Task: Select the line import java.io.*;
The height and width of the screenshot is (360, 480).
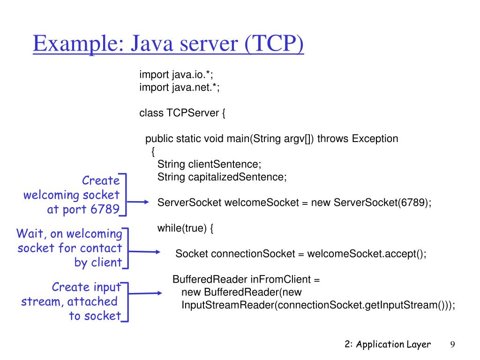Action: click(x=173, y=75)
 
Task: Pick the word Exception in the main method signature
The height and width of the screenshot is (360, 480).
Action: click(x=375, y=139)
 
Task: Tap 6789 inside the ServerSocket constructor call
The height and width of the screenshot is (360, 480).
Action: click(x=412, y=202)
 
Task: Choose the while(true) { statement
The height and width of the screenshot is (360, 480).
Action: click(x=186, y=228)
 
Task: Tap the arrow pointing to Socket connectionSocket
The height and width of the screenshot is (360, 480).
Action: click(x=145, y=252)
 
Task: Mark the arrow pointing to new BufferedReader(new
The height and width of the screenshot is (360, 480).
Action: click(x=146, y=294)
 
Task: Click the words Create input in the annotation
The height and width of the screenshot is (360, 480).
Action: click(x=86, y=287)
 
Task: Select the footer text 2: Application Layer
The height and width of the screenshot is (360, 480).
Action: click(x=387, y=345)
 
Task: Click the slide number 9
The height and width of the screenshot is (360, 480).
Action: click(x=453, y=345)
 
